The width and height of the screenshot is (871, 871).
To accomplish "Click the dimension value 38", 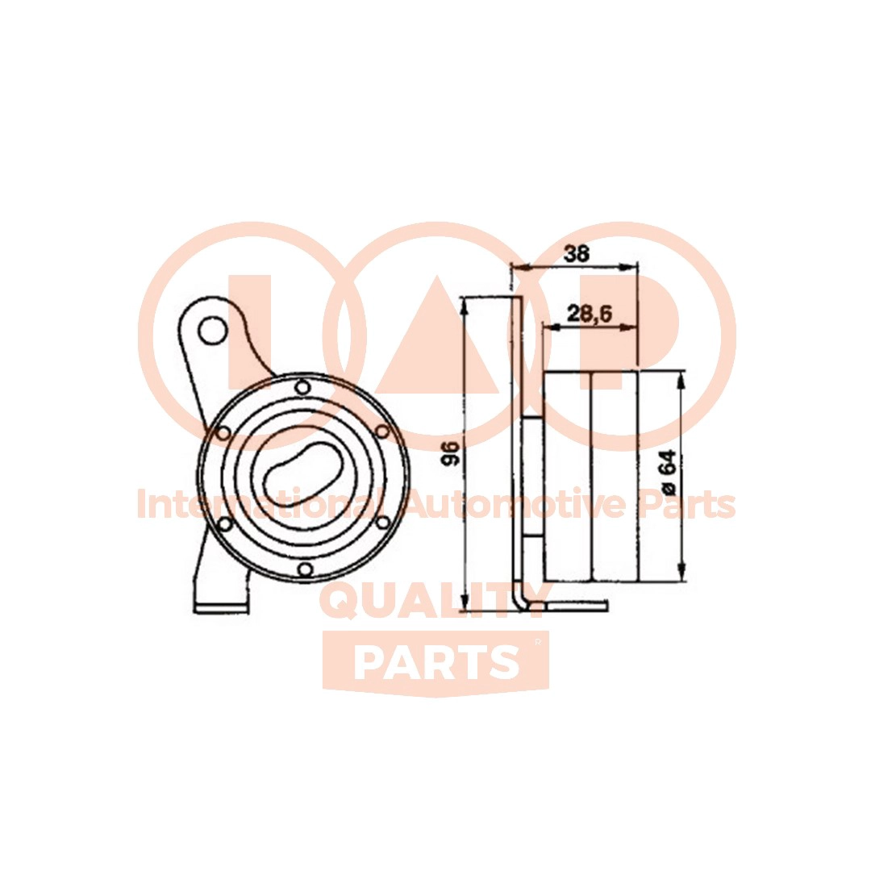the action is (x=576, y=254).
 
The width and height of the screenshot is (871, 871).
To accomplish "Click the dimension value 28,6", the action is (x=589, y=315).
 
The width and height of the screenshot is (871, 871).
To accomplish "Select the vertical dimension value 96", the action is (x=450, y=452).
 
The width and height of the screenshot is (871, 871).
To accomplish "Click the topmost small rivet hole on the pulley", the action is (x=302, y=387).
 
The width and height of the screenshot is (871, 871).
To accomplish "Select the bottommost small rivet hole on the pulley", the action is (x=304, y=569).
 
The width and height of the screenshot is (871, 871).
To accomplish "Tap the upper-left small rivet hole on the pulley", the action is (x=223, y=433).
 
